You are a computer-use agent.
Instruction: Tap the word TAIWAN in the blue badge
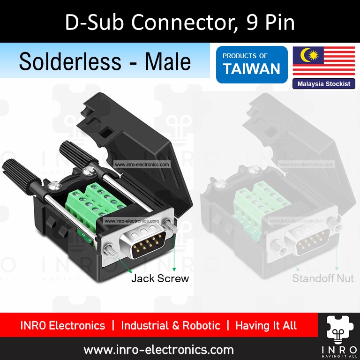251,69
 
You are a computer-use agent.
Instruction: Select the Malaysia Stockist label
323,84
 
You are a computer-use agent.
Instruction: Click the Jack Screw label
160,278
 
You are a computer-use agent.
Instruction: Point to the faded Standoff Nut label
322,278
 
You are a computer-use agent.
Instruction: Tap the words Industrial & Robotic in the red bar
170,325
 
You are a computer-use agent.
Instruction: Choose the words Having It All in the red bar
266,325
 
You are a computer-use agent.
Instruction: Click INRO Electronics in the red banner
63,325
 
